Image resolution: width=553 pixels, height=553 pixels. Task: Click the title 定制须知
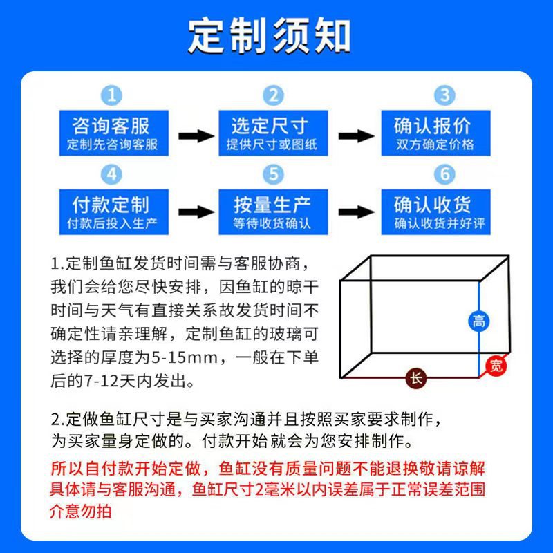(270, 35)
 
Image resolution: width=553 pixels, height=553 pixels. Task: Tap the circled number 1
(112, 95)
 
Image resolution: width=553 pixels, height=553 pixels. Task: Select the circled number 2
(274, 95)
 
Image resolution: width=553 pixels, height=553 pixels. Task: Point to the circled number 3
(444, 95)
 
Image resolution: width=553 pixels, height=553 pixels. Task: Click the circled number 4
(112, 174)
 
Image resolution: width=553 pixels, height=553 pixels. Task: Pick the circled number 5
(274, 174)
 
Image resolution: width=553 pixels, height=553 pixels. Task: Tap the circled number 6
(444, 174)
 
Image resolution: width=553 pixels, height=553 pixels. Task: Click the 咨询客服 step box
(112, 133)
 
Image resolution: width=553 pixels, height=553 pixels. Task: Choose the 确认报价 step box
(435, 133)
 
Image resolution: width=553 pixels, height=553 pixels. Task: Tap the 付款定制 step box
(112, 212)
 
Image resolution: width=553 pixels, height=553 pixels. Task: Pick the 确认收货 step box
(435, 212)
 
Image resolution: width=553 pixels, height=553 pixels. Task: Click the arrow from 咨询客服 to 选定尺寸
(196, 135)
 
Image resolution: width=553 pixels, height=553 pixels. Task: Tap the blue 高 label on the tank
(478, 321)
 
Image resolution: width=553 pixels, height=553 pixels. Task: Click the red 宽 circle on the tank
(496, 366)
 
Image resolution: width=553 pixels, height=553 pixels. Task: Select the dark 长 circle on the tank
(415, 378)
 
